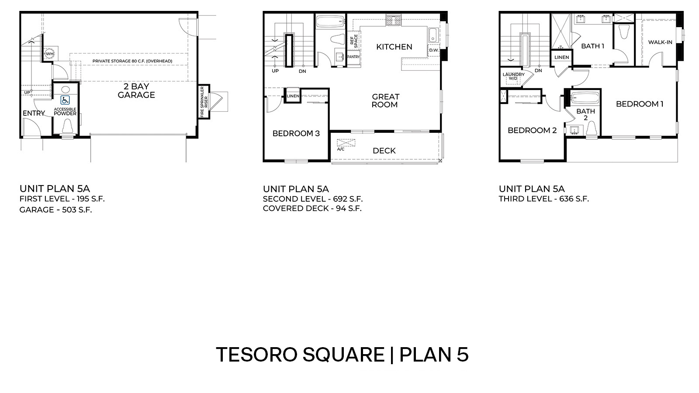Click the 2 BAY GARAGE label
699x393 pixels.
[136, 90]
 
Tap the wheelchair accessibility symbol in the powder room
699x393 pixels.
[65, 100]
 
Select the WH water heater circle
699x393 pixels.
[48, 54]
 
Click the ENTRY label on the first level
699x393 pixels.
[34, 113]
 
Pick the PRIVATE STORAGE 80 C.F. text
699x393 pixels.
[132, 61]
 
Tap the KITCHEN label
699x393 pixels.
[394, 47]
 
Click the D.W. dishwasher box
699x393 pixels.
[433, 50]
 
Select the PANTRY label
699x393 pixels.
[353, 57]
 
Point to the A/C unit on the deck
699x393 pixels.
[346, 143]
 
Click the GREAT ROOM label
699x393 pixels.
[385, 100]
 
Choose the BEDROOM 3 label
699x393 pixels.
[296, 133]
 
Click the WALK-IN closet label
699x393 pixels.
[660, 42]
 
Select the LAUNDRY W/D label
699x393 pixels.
[513, 76]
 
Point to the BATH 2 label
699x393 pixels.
[585, 114]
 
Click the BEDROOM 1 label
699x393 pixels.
[640, 104]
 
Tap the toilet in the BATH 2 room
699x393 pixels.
[591, 129]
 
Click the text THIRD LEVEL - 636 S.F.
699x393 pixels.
[543, 199]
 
